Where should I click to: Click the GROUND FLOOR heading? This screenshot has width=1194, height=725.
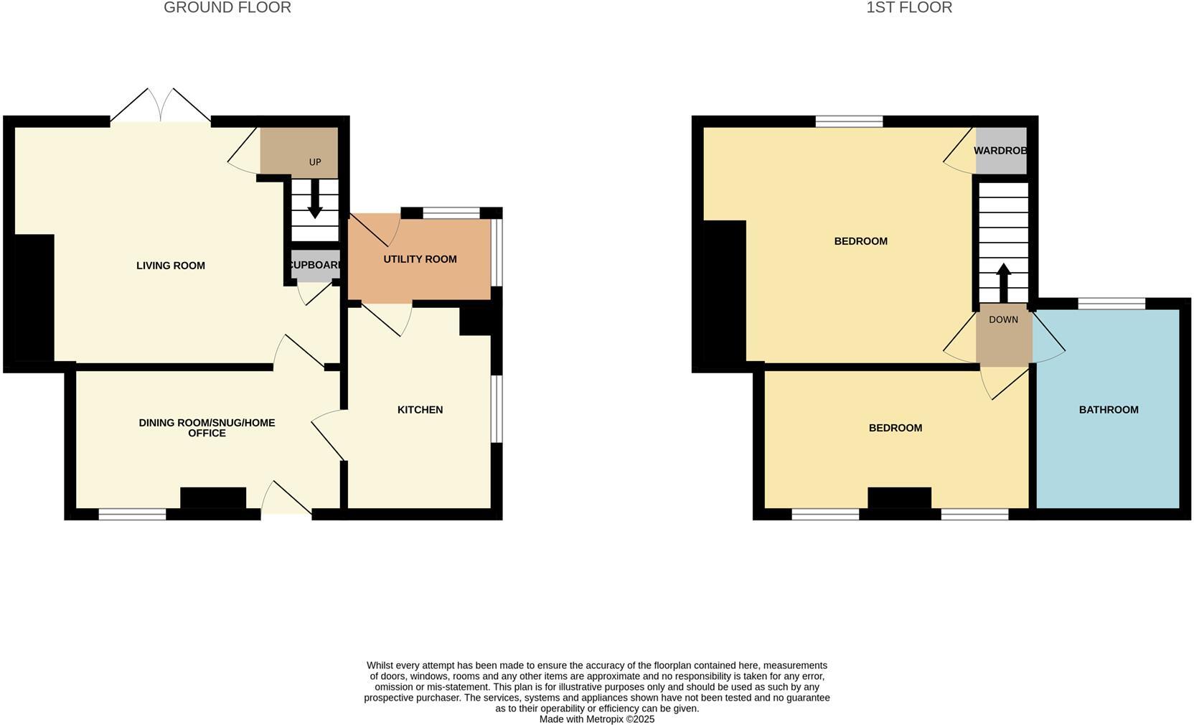227,8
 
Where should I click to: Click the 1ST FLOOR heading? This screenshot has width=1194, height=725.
908,8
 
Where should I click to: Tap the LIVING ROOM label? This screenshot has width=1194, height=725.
171,266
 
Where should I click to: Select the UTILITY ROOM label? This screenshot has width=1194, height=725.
420,259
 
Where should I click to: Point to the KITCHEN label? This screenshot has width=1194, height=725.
420,410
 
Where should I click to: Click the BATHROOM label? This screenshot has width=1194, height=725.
1109,410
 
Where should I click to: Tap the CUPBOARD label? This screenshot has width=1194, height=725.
315,265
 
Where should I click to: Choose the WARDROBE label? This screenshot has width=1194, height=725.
1000,151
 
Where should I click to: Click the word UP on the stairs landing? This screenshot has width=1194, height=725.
315,162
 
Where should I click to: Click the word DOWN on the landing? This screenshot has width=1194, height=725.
1003,319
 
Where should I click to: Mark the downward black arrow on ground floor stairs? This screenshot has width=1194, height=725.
314,201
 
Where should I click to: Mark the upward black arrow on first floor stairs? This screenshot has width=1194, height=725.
1003,282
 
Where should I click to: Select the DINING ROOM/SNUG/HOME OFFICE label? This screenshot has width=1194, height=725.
207,428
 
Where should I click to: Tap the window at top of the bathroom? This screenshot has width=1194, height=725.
1111,304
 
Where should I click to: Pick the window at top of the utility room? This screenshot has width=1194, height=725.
451,213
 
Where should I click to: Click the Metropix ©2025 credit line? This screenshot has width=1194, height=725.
596,719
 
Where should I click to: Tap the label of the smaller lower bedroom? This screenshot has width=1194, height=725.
895,428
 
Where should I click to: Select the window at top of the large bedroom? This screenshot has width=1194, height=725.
849,121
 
